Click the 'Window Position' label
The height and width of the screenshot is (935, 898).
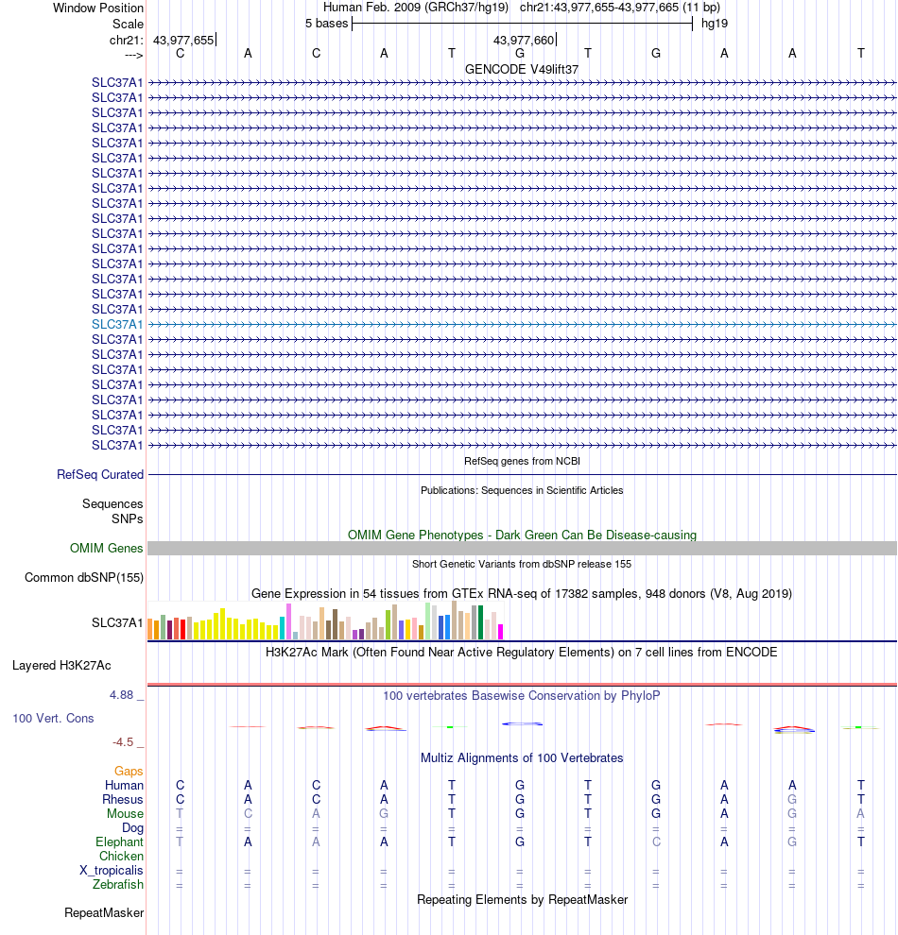[98, 8]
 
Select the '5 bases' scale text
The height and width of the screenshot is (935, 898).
[326, 23]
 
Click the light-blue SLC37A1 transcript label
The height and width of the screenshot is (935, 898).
[117, 324]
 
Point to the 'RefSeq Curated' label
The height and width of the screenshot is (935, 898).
[100, 475]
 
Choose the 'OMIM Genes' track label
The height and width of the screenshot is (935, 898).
[107, 549]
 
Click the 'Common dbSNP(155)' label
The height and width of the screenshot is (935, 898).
[84, 578]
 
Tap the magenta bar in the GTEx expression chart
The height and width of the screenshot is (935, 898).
[501, 632]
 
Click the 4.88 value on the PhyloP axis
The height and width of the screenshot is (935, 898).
[126, 695]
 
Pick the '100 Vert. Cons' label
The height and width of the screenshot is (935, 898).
[53, 719]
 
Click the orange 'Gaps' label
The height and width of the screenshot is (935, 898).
[129, 772]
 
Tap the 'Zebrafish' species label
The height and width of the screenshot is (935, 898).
[118, 885]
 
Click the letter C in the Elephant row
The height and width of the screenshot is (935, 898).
[656, 842]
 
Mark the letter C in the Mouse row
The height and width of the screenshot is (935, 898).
[248, 814]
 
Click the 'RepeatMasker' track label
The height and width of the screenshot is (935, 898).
[104, 913]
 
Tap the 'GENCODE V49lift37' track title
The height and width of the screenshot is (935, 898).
[521, 69]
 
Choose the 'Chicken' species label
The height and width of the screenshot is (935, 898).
[121, 857]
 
